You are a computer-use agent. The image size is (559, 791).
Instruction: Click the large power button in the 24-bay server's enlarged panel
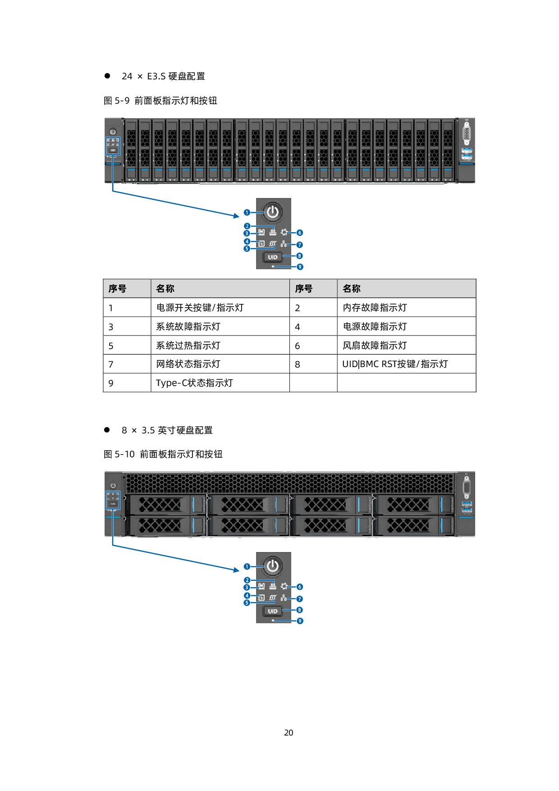click(272, 212)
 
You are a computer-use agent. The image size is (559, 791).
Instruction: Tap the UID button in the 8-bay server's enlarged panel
click(273, 611)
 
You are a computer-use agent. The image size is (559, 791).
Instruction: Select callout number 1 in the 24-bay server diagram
click(247, 212)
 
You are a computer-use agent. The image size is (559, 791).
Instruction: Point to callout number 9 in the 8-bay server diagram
click(300, 621)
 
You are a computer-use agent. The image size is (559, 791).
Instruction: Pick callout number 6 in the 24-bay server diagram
click(300, 233)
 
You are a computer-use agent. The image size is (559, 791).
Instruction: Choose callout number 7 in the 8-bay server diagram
click(300, 599)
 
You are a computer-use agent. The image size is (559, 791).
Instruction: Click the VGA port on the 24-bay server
click(467, 134)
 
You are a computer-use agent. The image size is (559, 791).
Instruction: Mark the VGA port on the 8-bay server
click(467, 488)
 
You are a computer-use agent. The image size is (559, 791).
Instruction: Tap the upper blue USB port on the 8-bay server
click(467, 504)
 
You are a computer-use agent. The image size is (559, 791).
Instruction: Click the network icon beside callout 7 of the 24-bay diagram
click(284, 244)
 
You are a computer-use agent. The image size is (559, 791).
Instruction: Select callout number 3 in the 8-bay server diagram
click(247, 587)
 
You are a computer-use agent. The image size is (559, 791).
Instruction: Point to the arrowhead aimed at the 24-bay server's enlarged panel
click(236, 216)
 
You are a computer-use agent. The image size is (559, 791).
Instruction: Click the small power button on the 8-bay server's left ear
click(113, 486)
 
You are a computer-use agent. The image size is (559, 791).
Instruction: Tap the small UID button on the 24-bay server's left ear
click(113, 150)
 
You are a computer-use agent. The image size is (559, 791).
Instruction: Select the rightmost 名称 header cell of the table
click(406, 289)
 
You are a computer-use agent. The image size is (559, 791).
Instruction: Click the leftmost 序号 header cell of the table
click(127, 289)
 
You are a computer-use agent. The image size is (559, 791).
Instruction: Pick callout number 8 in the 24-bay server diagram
click(300, 256)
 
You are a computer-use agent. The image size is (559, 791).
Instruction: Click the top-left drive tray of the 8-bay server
click(165, 504)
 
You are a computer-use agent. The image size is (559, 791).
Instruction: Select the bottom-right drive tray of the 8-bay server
click(413, 525)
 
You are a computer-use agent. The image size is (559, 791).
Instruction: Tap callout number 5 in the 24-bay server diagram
click(247, 248)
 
